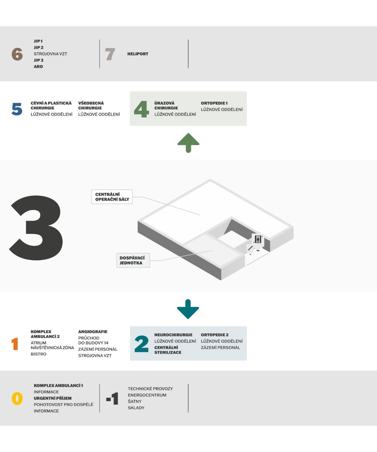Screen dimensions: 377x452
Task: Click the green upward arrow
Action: [188, 143]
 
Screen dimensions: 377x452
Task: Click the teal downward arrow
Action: [188, 309]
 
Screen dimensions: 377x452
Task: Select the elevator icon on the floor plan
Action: [258, 239]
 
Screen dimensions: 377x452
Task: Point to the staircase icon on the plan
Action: [250, 248]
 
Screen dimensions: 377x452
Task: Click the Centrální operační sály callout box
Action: [112, 197]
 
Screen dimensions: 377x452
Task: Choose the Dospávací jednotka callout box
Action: [133, 260]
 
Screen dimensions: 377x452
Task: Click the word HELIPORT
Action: [138, 54]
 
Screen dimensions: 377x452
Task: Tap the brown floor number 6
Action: [17, 54]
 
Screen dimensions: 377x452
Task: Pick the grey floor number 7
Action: [110, 54]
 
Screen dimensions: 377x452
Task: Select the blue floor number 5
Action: [17, 109]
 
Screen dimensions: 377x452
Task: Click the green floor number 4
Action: [141, 109]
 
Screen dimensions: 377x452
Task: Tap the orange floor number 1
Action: [15, 344]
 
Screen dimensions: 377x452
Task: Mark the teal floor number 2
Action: [141, 344]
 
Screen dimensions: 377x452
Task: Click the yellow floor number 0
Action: [17, 398]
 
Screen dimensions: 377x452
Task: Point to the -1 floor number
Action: [112, 398]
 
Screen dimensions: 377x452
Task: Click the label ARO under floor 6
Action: [38, 66]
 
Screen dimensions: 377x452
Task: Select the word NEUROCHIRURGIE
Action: [173, 335]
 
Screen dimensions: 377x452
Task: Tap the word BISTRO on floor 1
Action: [38, 354]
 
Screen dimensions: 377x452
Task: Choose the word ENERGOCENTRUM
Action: [147, 395]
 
